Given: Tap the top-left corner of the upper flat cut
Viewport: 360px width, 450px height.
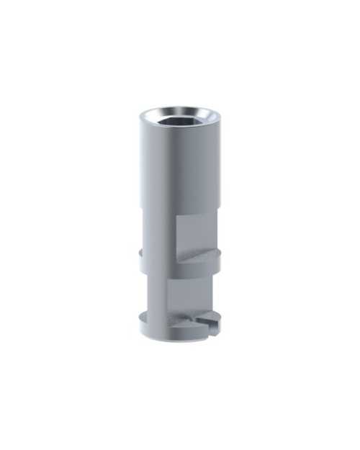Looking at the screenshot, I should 176,217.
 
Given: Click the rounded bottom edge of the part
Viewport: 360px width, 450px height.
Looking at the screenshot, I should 173,340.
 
